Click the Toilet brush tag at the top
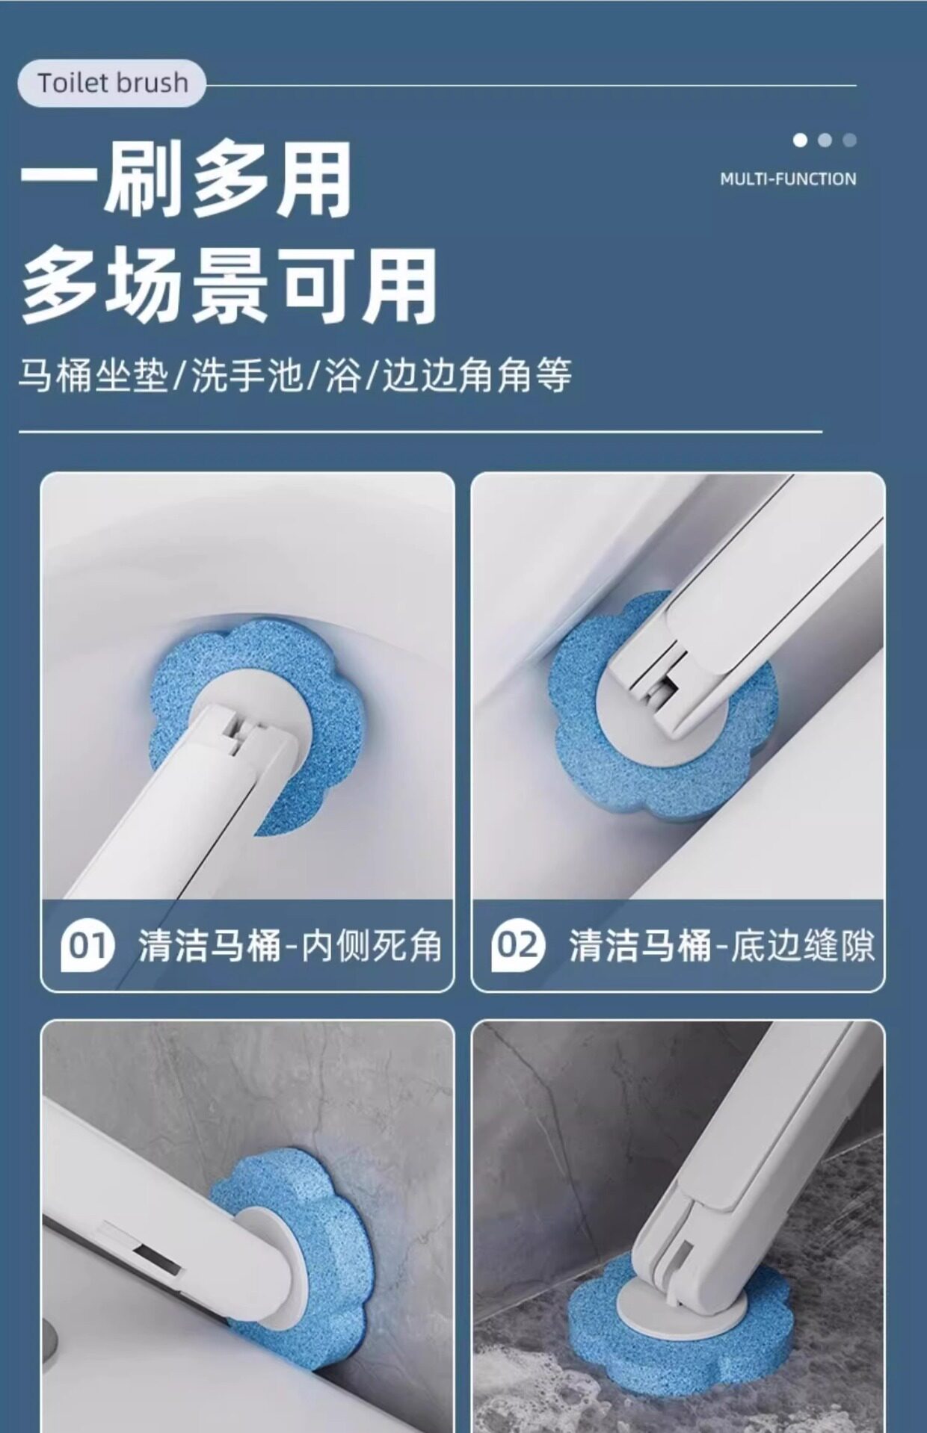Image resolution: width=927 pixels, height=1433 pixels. pyautogui.click(x=111, y=83)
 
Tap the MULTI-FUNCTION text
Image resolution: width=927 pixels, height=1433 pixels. pyautogui.click(x=788, y=179)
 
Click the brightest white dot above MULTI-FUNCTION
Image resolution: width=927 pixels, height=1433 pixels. pyautogui.click(x=800, y=140)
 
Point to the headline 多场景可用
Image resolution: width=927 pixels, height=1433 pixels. pyautogui.click(x=229, y=285)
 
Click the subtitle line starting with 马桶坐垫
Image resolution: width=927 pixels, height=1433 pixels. pyautogui.click(x=295, y=375)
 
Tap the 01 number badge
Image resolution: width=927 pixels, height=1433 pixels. pyautogui.click(x=87, y=946)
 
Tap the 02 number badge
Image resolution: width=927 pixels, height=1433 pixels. pyautogui.click(x=517, y=946)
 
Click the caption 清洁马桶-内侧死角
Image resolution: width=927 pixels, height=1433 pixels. pyautogui.click(x=289, y=946)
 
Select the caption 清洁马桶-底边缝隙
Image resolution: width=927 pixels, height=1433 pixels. pyautogui.click(x=721, y=946)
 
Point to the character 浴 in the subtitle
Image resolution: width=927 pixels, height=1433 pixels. pyautogui.click(x=343, y=375)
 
